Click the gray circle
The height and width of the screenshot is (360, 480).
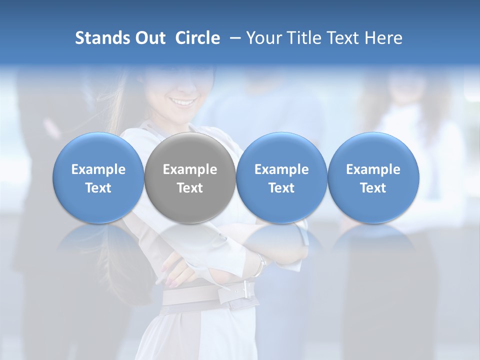pyautogui.click(x=190, y=178)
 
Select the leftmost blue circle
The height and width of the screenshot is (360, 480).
pyautogui.click(x=98, y=178)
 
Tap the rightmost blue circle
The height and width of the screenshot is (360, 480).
pyautogui.click(x=373, y=178)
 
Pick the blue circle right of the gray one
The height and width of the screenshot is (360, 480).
pyautogui.click(x=281, y=178)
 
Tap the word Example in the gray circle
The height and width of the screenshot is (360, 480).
pyautogui.click(x=190, y=169)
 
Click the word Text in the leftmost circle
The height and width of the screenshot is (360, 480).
pyautogui.click(x=98, y=188)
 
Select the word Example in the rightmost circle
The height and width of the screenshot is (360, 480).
pyautogui.click(x=373, y=169)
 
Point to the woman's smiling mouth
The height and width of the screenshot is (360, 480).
pyautogui.click(x=183, y=102)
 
